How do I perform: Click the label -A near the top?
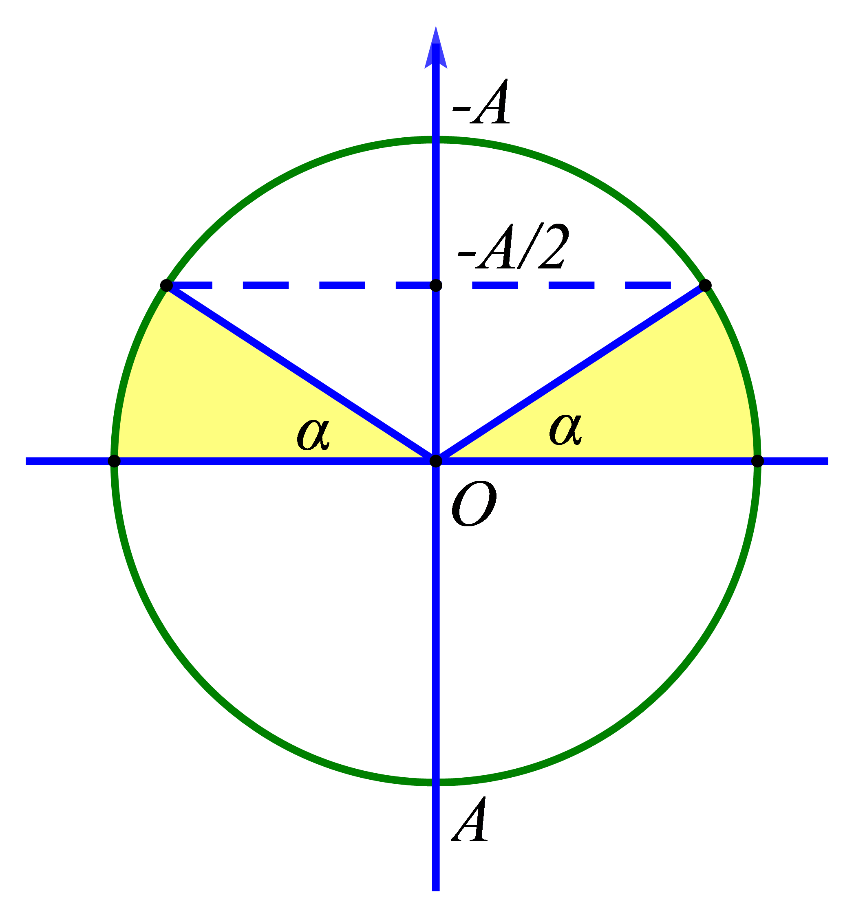point(481,102)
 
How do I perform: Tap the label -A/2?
point(512,247)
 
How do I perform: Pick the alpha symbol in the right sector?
point(565,429)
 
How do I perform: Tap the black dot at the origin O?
point(436,461)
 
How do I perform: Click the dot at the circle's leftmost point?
point(114,461)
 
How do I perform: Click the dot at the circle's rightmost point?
point(757,461)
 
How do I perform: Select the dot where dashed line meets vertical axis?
point(436,286)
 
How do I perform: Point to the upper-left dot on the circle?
point(166,286)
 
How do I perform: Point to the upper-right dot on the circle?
point(705,286)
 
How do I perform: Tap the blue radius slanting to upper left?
point(301,373)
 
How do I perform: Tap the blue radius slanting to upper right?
point(571,373)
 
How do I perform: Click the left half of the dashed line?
point(301,286)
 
